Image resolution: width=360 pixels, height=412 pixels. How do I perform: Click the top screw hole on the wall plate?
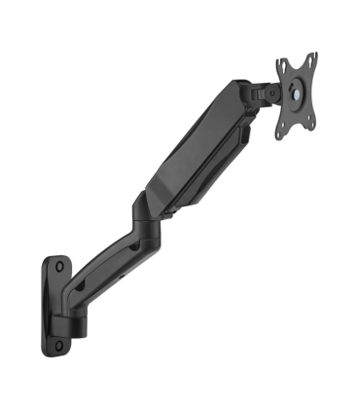[58, 264]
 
